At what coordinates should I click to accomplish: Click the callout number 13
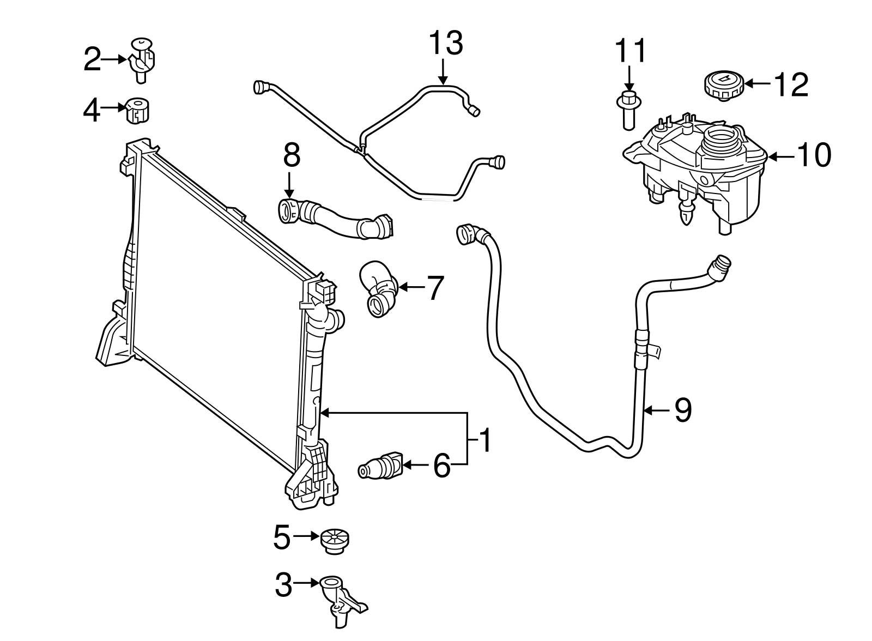(x=445, y=43)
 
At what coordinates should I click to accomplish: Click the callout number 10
(x=813, y=155)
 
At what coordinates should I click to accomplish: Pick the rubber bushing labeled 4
(x=138, y=111)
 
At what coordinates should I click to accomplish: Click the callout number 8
(x=292, y=155)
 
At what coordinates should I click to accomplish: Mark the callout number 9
(x=683, y=410)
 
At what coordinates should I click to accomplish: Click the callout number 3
(x=284, y=585)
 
